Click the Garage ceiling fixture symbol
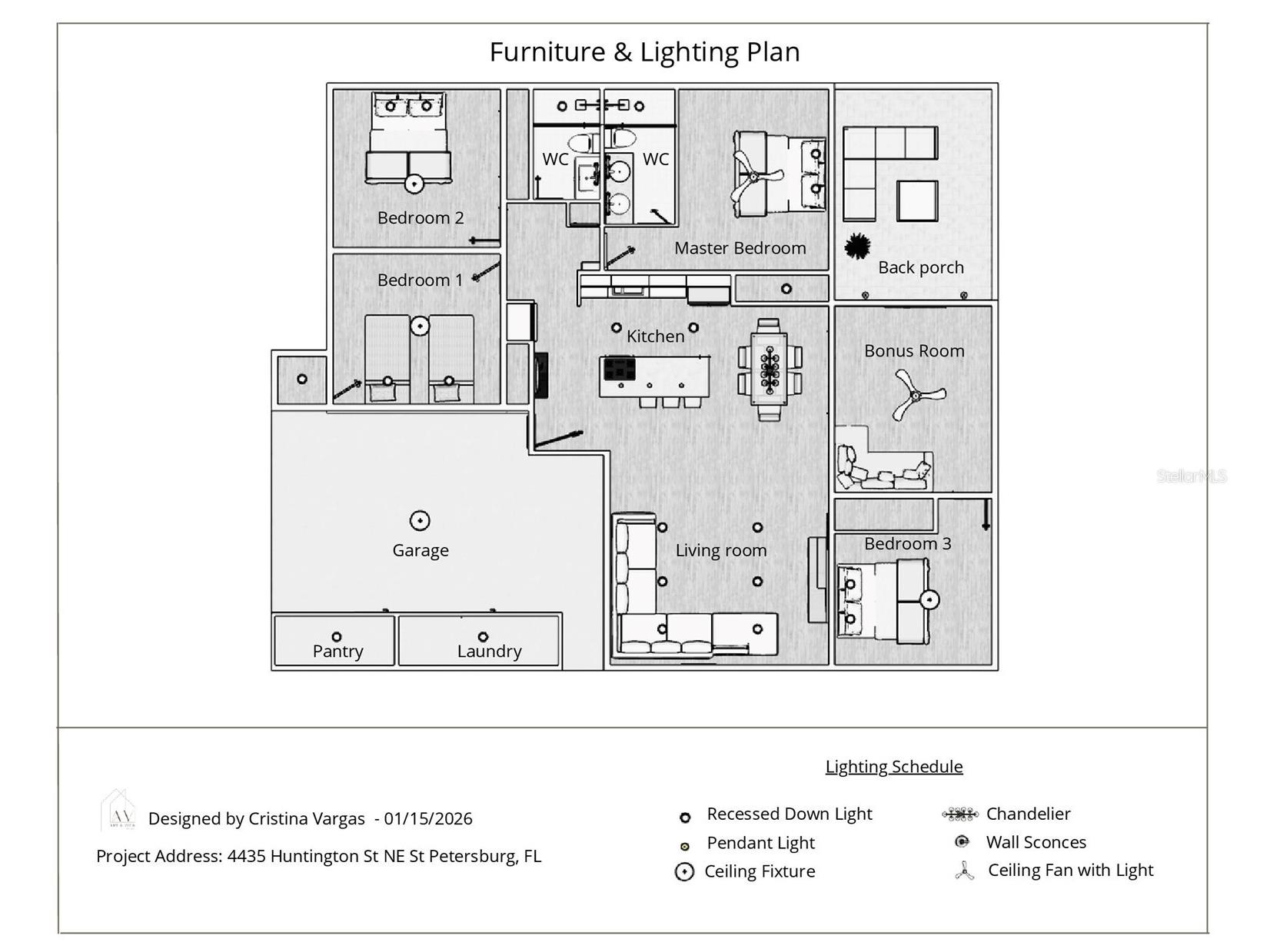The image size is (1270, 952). [x=419, y=521]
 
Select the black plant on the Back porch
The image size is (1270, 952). [x=856, y=247]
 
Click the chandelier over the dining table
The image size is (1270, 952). [x=770, y=370]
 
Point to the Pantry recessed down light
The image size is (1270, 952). [x=336, y=636]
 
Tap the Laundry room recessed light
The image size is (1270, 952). [x=483, y=636]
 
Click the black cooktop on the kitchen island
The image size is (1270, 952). [x=619, y=369]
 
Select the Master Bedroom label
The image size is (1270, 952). [x=740, y=248]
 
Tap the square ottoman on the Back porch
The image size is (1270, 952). [x=917, y=201]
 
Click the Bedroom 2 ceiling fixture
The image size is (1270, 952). [x=414, y=184]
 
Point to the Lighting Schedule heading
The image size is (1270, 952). [x=893, y=766]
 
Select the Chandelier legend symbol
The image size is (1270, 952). [x=960, y=814]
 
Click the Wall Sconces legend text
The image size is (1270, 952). [x=1036, y=842]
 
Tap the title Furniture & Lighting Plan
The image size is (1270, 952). [x=644, y=51]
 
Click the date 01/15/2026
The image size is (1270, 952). [x=428, y=818]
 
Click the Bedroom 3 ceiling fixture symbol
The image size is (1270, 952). [x=929, y=599]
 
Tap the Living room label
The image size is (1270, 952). [x=720, y=550]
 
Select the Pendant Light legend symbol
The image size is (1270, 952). [x=685, y=846]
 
